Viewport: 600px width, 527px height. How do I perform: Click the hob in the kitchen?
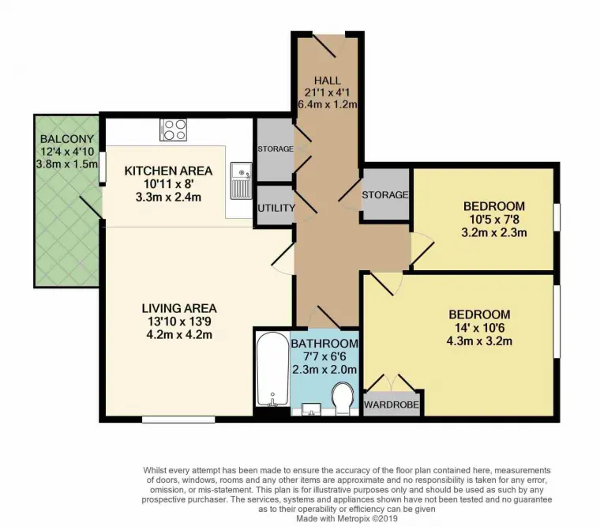(174, 130)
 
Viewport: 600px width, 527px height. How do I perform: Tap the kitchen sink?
(241, 181)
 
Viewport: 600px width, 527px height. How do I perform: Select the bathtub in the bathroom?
(272, 368)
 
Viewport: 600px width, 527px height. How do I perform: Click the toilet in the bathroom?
(343, 398)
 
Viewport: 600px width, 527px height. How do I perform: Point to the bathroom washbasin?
(312, 409)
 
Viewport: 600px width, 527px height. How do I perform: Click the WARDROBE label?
(391, 405)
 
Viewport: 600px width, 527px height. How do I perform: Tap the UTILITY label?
(276, 208)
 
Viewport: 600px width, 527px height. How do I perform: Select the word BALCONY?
(67, 138)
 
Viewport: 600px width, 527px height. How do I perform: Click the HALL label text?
(327, 81)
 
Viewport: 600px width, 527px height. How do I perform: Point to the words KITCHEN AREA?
(168, 171)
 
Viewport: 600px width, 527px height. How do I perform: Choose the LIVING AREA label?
(179, 308)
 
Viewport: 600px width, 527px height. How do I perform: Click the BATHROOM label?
(324, 344)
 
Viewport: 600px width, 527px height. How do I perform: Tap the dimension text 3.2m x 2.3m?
(494, 232)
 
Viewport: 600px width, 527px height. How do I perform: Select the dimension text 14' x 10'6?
(479, 328)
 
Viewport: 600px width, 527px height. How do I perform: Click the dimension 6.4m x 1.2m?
(327, 104)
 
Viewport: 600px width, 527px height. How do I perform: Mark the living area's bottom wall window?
(178, 420)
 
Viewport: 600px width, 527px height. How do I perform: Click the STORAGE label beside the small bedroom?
(385, 195)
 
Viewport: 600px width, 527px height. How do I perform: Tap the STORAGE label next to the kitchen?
(276, 149)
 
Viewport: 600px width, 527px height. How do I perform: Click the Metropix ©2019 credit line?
(347, 518)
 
